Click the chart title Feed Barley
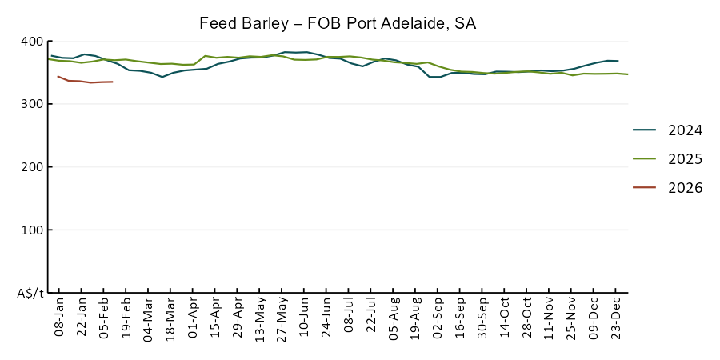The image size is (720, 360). pyautogui.click(x=338, y=23)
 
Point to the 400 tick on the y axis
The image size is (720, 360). pyautogui.click(x=32, y=42)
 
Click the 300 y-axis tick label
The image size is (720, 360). pyautogui.click(x=32, y=104)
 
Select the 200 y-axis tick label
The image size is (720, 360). pyautogui.click(x=32, y=167)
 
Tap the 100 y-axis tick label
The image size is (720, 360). pyautogui.click(x=32, y=230)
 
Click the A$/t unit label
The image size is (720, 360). pyautogui.click(x=30, y=294)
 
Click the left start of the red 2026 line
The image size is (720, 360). pyautogui.click(x=58, y=76)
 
